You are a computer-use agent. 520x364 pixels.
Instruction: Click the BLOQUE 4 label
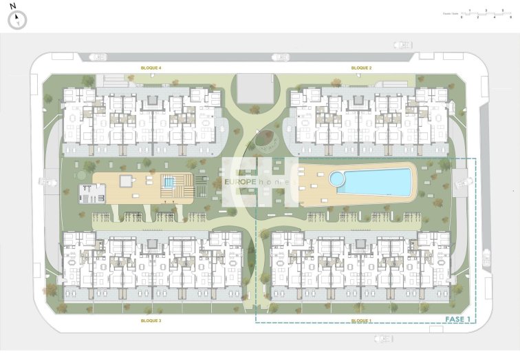tap(151, 68)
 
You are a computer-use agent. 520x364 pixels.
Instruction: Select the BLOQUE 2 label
tap(361, 68)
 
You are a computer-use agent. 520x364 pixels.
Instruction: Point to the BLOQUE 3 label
tap(151, 321)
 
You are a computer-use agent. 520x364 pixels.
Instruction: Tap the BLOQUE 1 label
tap(361, 321)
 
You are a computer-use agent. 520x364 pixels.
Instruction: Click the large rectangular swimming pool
tap(376, 182)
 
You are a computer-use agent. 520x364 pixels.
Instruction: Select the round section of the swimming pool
tap(338, 179)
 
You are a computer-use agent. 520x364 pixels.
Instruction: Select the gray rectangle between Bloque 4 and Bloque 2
tap(254, 88)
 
